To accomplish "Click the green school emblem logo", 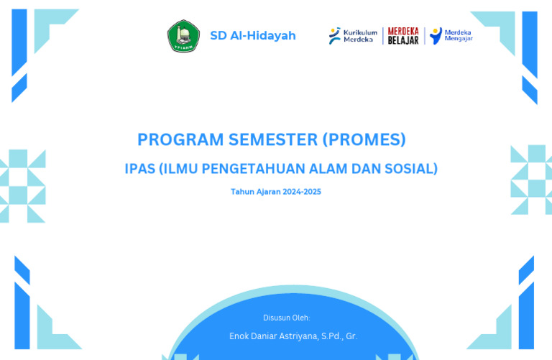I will (x=183, y=36).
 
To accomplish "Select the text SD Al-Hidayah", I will (x=252, y=36).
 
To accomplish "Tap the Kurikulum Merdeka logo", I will (x=352, y=36).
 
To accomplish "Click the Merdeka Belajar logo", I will (x=403, y=36).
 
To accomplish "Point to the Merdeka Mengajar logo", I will (x=451, y=36).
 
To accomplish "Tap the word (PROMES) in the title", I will (x=364, y=139).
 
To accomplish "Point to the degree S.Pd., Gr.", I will (x=339, y=336).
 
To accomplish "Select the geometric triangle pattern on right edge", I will (x=531, y=180).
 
